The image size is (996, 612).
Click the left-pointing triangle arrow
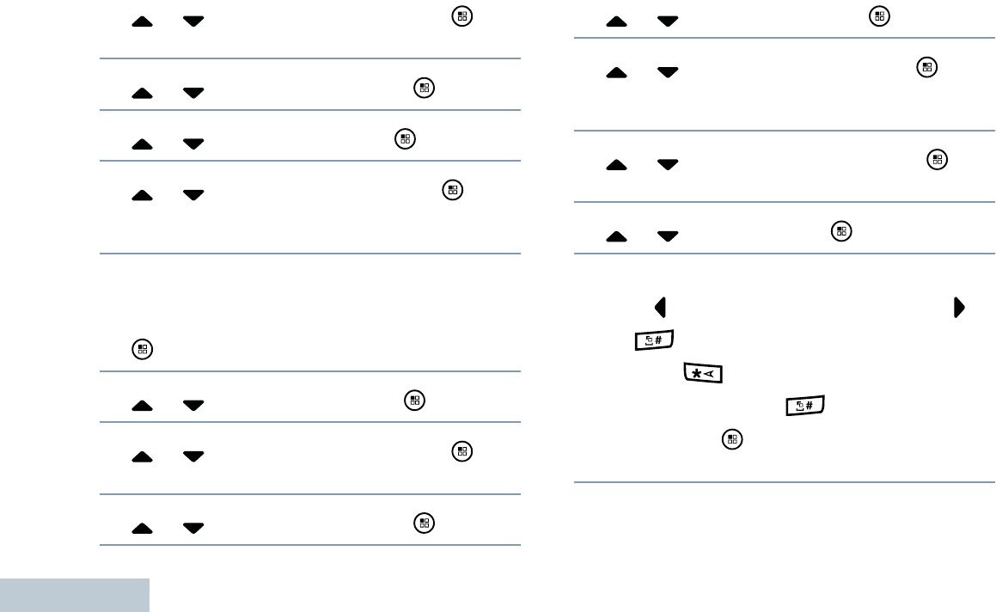point(661,306)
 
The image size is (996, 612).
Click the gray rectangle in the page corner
point(75,595)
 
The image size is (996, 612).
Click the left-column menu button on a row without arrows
point(143,349)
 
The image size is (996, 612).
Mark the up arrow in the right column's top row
point(616,22)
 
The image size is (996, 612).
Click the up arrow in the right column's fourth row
point(616,236)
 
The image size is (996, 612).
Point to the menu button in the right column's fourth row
point(842,229)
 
